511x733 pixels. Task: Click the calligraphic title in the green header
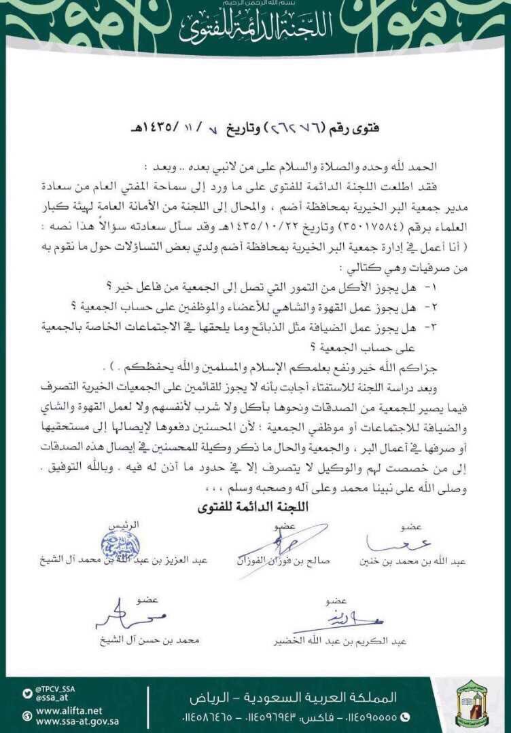tap(255, 28)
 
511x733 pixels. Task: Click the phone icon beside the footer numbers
tap(406, 716)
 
